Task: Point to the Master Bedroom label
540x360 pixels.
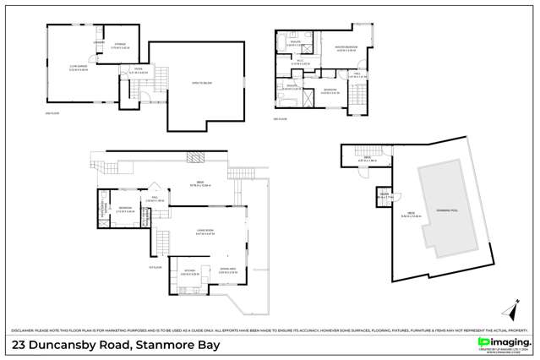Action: pos(344,47)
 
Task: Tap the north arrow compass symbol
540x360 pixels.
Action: pos(510,307)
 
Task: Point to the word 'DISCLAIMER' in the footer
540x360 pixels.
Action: pos(23,330)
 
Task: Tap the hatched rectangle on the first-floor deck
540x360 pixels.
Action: pos(195,157)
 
